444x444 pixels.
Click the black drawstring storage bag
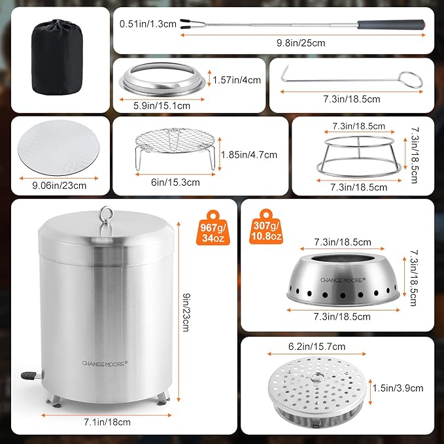tap(57, 57)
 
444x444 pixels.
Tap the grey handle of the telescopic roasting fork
tap(391, 24)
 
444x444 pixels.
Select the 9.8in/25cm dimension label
tap(301, 43)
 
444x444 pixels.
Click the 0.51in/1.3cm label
tap(148, 24)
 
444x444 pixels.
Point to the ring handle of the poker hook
tap(410, 80)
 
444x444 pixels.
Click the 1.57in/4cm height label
tap(237, 80)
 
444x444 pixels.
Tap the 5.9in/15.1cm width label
tap(162, 106)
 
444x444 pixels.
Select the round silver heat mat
tap(59, 147)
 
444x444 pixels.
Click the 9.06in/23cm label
tap(60, 186)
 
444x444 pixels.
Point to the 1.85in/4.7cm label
tap(249, 155)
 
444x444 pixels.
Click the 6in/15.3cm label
tap(175, 182)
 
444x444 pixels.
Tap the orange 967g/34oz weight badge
tap(213, 228)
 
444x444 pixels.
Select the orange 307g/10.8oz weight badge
tap(266, 227)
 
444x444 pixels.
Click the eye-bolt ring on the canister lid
tap(106, 213)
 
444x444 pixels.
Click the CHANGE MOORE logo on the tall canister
tap(105, 364)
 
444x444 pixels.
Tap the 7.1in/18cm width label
tap(107, 422)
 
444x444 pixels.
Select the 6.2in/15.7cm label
tap(317, 347)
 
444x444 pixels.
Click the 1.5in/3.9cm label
tap(398, 388)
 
